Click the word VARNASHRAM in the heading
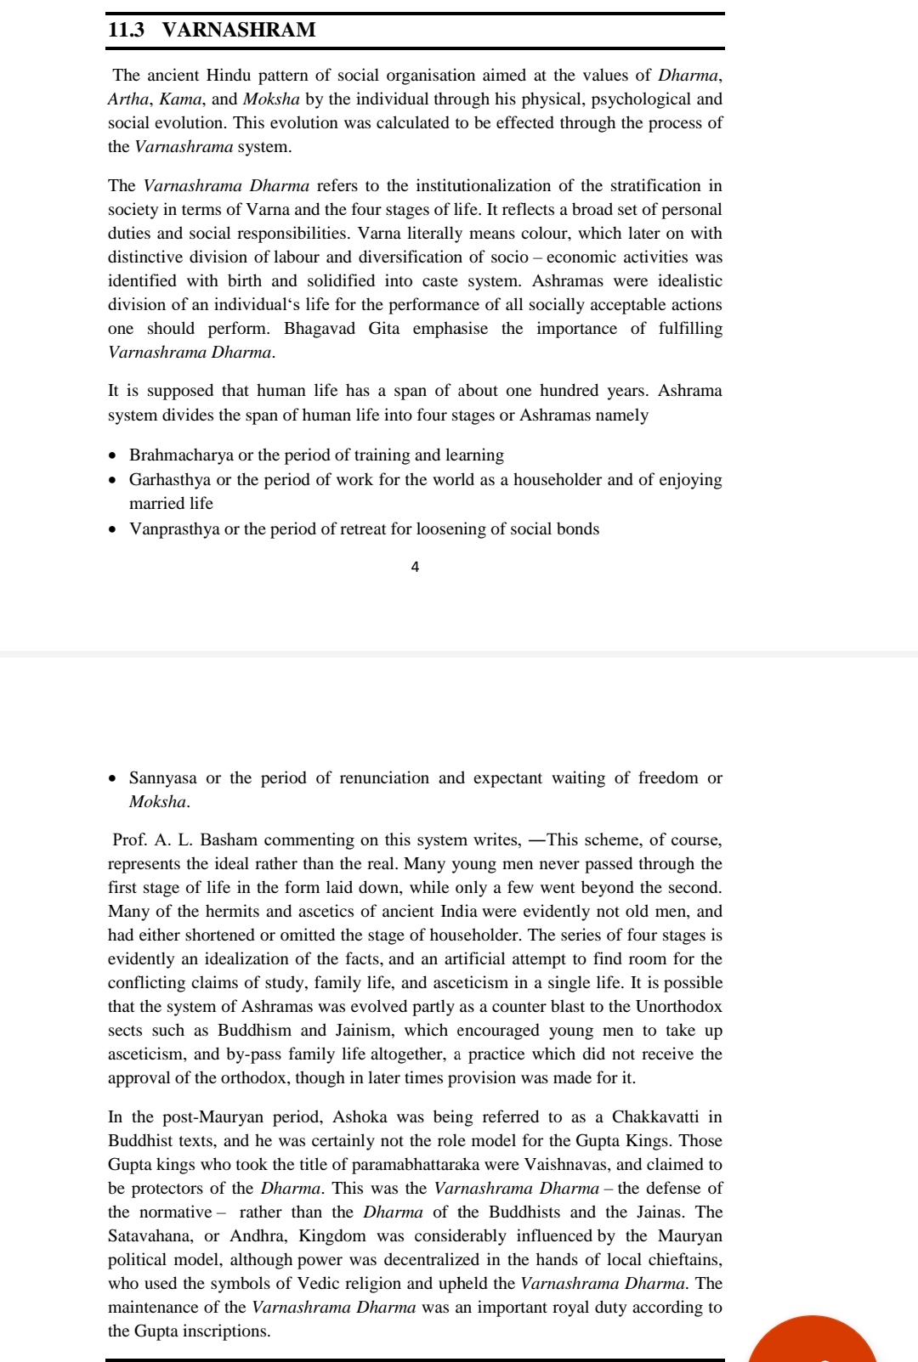239,30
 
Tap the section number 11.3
126,30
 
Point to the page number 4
415,567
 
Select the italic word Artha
127,99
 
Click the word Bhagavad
320,328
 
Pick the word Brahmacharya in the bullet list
181,455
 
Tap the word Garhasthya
170,479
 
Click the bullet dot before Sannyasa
114,778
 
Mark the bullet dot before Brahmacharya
114,456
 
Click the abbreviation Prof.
130,839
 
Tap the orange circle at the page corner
812,1342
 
